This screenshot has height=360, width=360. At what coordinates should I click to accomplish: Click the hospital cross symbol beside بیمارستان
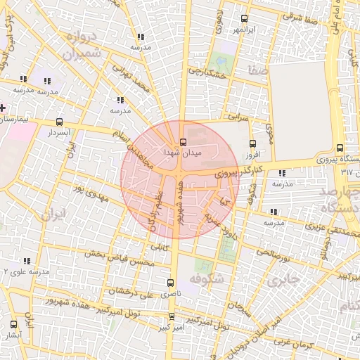pos(3,108)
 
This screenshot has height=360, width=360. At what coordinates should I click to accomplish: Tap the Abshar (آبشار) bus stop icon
pos(14,324)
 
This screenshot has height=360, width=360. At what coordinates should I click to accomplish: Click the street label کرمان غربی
pos(291,343)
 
